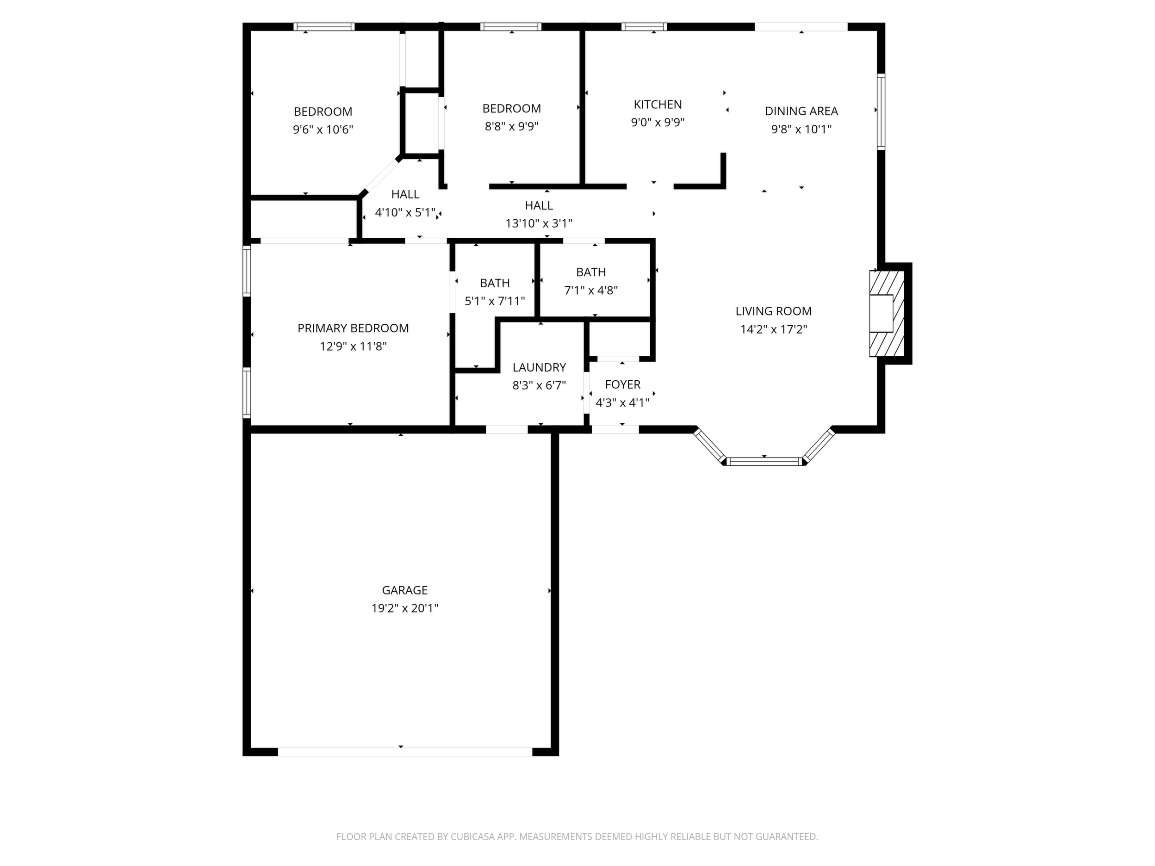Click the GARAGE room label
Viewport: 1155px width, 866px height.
pyautogui.click(x=405, y=590)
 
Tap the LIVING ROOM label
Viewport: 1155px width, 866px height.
pyautogui.click(x=773, y=311)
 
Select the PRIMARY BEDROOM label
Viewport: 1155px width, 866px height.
pyautogui.click(x=353, y=328)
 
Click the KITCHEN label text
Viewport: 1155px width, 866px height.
pyautogui.click(x=658, y=105)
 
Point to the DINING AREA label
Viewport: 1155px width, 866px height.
pyautogui.click(x=801, y=111)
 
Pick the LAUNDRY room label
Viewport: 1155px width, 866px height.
pyautogui.click(x=539, y=367)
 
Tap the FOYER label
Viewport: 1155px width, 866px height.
pyautogui.click(x=622, y=385)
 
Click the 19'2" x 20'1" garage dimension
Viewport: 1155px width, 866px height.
pyautogui.click(x=405, y=608)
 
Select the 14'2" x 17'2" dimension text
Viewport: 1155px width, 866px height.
pyautogui.click(x=773, y=329)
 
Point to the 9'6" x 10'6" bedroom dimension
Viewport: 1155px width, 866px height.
pyautogui.click(x=323, y=130)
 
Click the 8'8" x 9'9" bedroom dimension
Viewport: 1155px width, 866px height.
pyautogui.click(x=511, y=126)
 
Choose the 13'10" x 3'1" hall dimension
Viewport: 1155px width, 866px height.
pyautogui.click(x=538, y=223)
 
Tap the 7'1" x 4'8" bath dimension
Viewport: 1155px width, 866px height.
pyautogui.click(x=590, y=290)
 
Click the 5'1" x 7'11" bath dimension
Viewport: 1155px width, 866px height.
pyautogui.click(x=495, y=301)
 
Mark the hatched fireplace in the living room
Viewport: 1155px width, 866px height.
pyautogui.click(x=887, y=313)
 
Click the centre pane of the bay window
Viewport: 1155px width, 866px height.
pyautogui.click(x=764, y=461)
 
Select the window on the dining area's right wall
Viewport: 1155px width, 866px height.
pyautogui.click(x=881, y=111)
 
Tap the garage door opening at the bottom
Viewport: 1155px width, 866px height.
pyautogui.click(x=405, y=752)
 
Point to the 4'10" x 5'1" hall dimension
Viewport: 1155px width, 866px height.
pyautogui.click(x=405, y=212)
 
